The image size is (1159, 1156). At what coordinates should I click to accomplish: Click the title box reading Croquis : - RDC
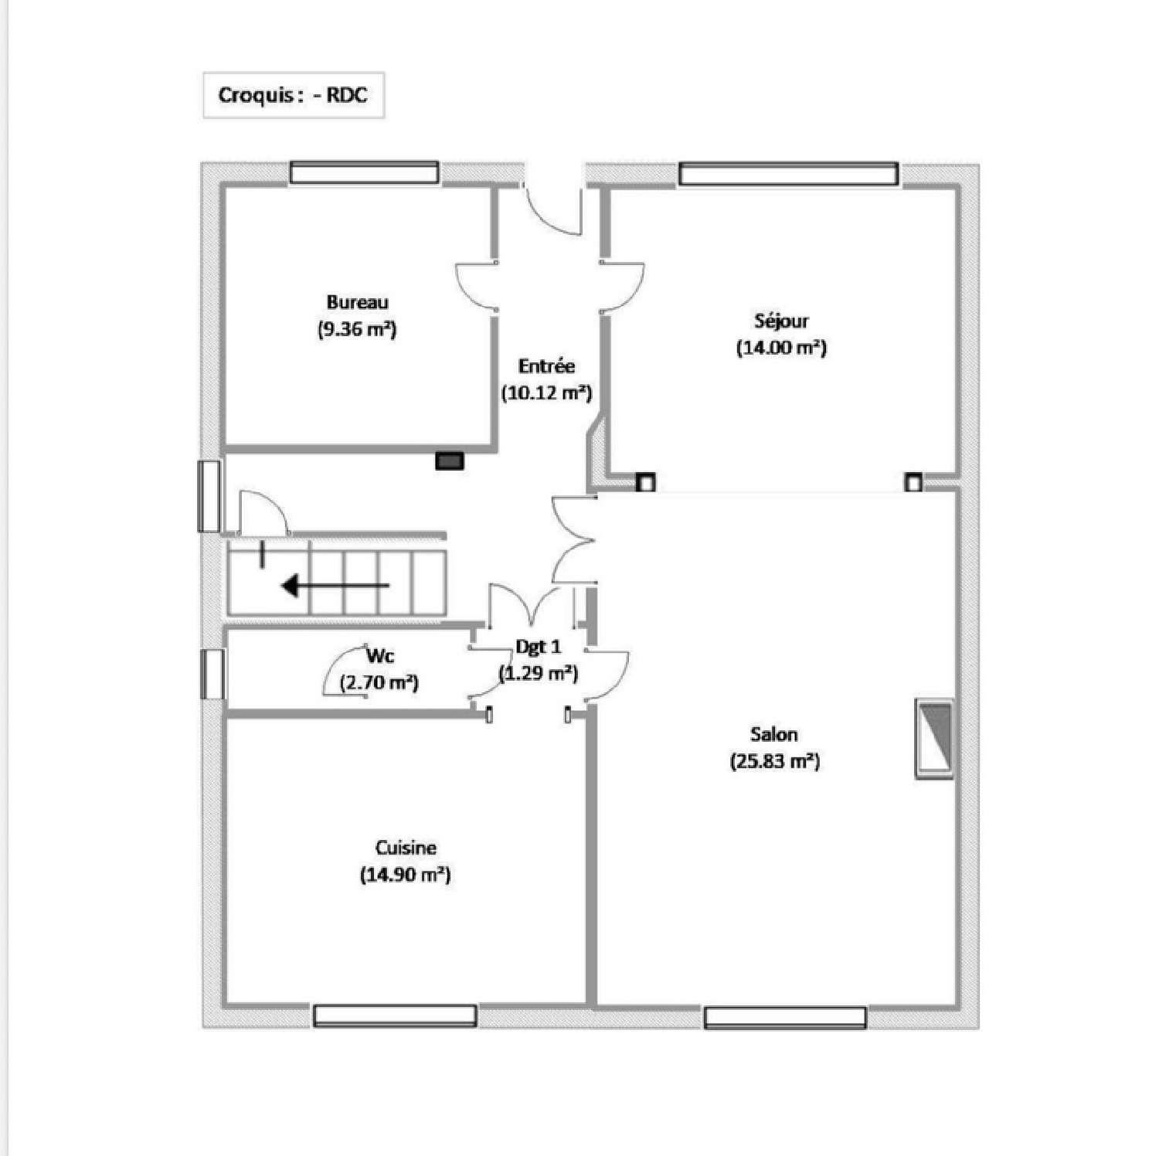pyautogui.click(x=293, y=95)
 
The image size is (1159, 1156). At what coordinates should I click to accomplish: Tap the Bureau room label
pyautogui.click(x=357, y=302)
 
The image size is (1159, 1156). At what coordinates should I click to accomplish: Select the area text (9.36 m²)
pyautogui.click(x=357, y=330)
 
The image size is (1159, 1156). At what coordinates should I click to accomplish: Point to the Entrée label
pyautogui.click(x=546, y=365)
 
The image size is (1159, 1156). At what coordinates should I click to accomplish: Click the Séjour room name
pyautogui.click(x=781, y=320)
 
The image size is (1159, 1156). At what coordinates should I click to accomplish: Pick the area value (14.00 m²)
pyautogui.click(x=781, y=348)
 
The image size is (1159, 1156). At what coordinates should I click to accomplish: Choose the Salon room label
pyautogui.click(x=774, y=733)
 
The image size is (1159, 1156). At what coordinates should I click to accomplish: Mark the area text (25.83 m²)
pyautogui.click(x=774, y=761)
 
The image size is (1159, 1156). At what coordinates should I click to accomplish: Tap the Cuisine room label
pyautogui.click(x=406, y=847)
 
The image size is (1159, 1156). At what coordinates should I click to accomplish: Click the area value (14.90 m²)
pyautogui.click(x=406, y=875)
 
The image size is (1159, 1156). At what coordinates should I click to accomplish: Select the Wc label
pyautogui.click(x=380, y=656)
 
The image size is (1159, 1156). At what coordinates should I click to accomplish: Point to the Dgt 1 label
pyautogui.click(x=539, y=646)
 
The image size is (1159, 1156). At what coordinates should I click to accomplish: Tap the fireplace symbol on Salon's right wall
pyautogui.click(x=934, y=738)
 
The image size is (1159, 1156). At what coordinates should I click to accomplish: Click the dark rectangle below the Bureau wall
pyautogui.click(x=450, y=461)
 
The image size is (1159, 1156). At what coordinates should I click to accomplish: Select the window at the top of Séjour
pyautogui.click(x=788, y=174)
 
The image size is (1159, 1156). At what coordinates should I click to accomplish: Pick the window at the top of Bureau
pyautogui.click(x=364, y=172)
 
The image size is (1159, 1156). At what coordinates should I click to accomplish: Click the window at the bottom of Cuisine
pyautogui.click(x=395, y=1015)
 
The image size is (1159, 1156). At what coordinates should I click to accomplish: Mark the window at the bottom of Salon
pyautogui.click(x=784, y=1018)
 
